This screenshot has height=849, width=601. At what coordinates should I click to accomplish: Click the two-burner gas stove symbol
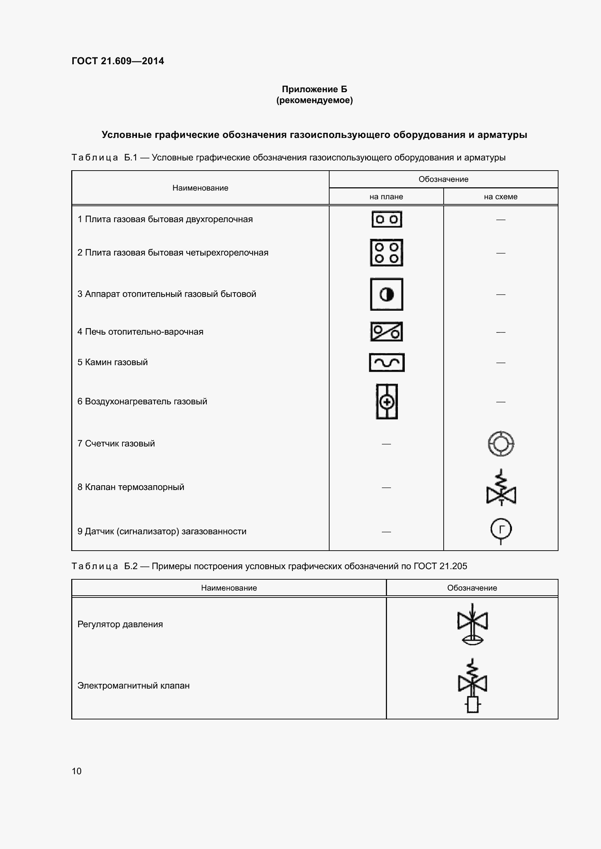click(387, 219)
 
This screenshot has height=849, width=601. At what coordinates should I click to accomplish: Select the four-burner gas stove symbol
click(387, 253)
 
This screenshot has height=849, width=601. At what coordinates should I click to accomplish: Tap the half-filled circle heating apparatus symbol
click(387, 294)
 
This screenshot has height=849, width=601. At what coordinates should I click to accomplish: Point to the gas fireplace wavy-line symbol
click(387, 362)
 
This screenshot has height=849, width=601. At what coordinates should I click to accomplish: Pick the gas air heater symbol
click(387, 401)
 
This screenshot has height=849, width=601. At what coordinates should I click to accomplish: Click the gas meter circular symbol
click(501, 443)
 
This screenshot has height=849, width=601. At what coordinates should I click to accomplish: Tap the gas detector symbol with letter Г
click(501, 531)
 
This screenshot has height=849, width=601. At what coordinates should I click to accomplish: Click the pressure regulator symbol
click(473, 625)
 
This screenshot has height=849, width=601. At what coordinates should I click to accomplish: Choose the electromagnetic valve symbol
click(473, 685)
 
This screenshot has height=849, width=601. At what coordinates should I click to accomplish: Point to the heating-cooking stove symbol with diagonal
click(387, 332)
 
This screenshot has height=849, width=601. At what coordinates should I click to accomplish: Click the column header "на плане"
click(386, 197)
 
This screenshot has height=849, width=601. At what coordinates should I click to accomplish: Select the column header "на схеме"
click(500, 197)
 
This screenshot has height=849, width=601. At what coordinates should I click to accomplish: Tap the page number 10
click(77, 771)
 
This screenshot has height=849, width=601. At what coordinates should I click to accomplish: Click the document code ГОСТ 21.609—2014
click(118, 61)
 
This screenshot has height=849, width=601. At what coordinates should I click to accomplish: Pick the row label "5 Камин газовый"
click(113, 362)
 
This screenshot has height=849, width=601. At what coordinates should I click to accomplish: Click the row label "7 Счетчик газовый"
click(116, 443)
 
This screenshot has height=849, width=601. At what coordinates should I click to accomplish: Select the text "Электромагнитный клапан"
click(133, 686)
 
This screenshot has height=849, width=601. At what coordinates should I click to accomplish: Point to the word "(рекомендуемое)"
click(315, 100)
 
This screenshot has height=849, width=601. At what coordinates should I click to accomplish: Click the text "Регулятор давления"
click(120, 624)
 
